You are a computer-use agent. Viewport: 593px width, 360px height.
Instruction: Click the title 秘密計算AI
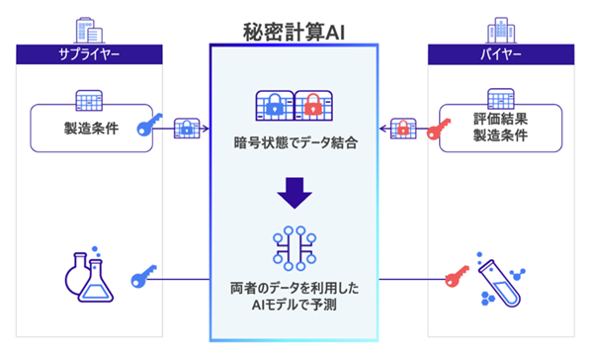point(296,29)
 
